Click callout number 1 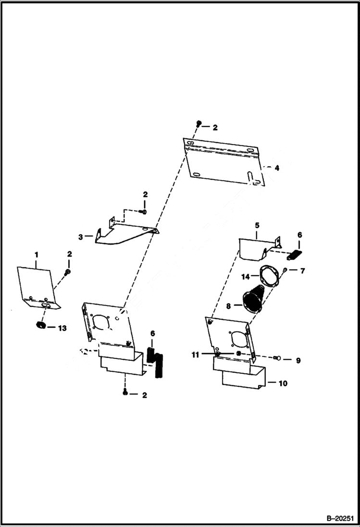point(36,254)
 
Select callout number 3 point(81,236)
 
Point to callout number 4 point(276,168)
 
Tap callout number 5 point(257,225)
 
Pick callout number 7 point(303,271)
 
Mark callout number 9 point(298,360)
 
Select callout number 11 point(195,355)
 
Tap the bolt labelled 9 point(276,358)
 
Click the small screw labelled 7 point(285,270)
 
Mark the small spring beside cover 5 point(295,254)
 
